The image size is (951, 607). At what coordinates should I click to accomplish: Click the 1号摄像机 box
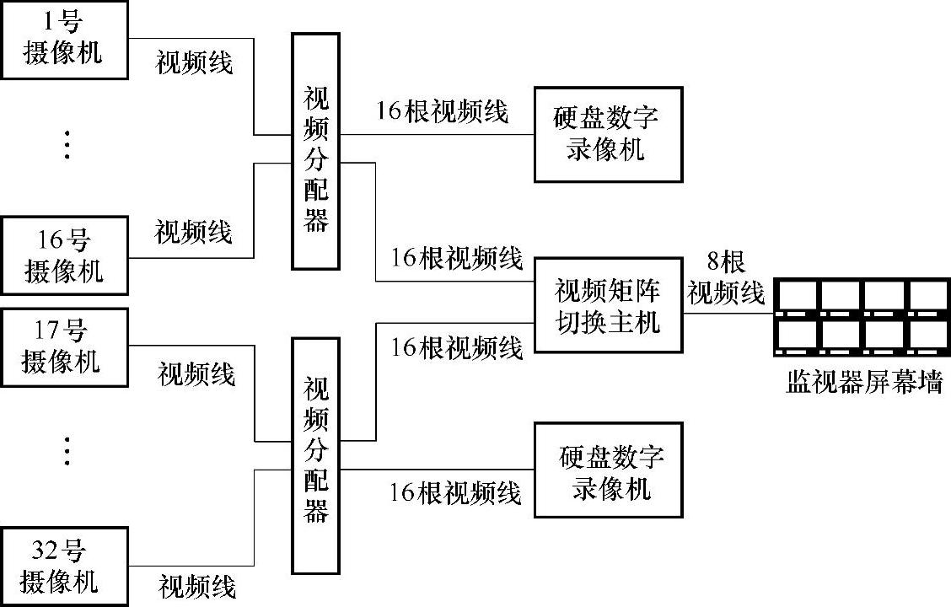(x=64, y=40)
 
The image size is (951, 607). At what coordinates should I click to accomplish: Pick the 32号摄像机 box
(x=64, y=566)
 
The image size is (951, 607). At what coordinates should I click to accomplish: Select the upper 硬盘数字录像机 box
(x=607, y=134)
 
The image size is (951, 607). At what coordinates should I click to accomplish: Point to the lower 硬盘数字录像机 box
(x=607, y=470)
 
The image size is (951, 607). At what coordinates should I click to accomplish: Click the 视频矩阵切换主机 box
(x=607, y=306)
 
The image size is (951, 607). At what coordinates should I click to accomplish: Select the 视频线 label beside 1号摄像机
(x=195, y=62)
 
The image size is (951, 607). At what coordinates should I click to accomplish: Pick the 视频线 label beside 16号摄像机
(x=194, y=232)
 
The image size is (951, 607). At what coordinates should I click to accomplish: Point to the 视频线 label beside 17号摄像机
(x=196, y=373)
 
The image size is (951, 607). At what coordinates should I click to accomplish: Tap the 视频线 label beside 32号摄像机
(x=197, y=585)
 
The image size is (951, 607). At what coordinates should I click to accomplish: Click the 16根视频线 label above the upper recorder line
(x=443, y=111)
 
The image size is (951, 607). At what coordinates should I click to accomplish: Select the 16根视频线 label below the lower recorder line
(x=455, y=492)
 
